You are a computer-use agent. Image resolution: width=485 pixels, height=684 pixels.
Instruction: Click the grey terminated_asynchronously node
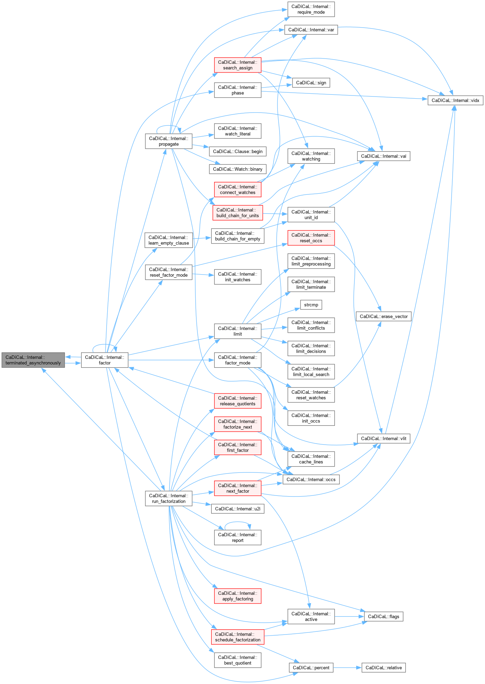(x=33, y=360)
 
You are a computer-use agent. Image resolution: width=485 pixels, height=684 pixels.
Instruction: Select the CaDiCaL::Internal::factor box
(x=104, y=360)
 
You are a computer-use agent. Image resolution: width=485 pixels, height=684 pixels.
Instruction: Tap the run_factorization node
(x=169, y=498)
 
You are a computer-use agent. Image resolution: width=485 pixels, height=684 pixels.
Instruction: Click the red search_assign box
(x=237, y=65)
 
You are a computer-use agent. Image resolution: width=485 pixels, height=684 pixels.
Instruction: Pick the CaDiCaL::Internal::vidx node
(x=455, y=100)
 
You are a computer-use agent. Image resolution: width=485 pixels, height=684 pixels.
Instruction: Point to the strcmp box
(x=311, y=305)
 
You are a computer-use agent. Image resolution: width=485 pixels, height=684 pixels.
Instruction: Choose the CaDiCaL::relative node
(x=383, y=668)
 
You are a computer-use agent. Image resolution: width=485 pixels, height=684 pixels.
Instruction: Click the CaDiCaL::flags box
(x=383, y=616)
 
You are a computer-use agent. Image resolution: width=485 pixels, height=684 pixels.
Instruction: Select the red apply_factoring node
(x=237, y=596)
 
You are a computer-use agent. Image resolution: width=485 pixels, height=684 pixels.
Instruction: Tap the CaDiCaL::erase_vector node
(x=383, y=316)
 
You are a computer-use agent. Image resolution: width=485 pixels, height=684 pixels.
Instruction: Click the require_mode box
(x=311, y=9)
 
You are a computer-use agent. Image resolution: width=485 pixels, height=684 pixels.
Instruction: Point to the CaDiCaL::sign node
(x=311, y=83)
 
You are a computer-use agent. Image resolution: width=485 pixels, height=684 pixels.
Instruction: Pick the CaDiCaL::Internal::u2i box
(x=237, y=509)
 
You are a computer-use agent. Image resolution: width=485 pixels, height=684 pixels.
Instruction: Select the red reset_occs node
(x=311, y=238)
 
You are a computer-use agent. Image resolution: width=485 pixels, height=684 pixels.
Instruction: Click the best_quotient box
(x=237, y=660)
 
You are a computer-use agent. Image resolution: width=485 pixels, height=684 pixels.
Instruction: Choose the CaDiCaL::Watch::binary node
(x=237, y=169)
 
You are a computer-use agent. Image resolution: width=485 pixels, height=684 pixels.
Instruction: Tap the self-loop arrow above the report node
(x=237, y=522)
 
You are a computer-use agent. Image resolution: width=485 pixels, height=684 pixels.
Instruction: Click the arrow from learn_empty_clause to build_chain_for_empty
(x=202, y=238)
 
